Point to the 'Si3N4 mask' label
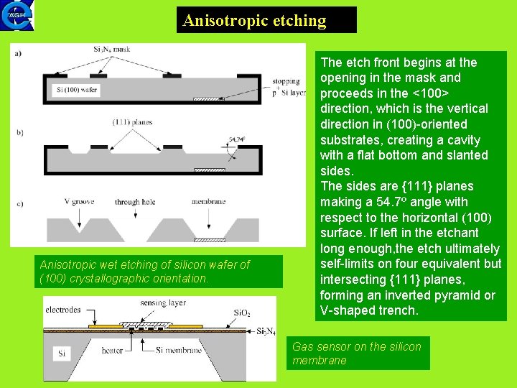click(111, 49)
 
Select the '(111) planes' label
click(132, 122)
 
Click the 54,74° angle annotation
click(238, 139)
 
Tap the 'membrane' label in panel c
click(209, 202)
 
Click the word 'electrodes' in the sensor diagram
click(63, 310)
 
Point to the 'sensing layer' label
click(163, 303)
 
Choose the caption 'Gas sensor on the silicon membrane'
click(357, 354)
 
